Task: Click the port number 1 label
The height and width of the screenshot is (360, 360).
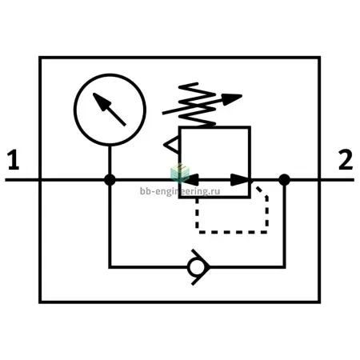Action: pos(14,160)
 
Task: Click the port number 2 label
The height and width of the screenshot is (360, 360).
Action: pos(346,160)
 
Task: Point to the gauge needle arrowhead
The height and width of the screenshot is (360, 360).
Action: pos(101,102)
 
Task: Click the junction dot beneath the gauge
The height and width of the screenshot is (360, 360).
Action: pos(110,180)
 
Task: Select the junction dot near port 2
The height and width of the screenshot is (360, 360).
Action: pos(284,180)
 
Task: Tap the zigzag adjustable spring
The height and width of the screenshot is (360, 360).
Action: pos(198,104)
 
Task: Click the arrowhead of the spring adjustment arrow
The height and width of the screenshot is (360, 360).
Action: pos(231,99)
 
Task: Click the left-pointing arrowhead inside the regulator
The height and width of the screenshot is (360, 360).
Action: pos(190,180)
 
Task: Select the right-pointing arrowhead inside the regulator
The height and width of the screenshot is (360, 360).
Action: pos(239,180)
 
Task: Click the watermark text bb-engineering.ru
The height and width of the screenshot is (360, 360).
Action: pos(180,191)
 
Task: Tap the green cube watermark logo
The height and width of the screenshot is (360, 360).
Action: pos(180,173)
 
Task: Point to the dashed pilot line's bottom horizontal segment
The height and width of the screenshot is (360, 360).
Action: pos(233,232)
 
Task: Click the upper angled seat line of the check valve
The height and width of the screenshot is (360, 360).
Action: pos(200,258)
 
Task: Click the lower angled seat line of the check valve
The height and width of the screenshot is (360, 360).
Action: pos(200,276)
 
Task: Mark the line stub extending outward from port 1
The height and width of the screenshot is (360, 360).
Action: pos(22,180)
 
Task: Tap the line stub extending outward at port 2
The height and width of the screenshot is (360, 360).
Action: pos(337,180)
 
